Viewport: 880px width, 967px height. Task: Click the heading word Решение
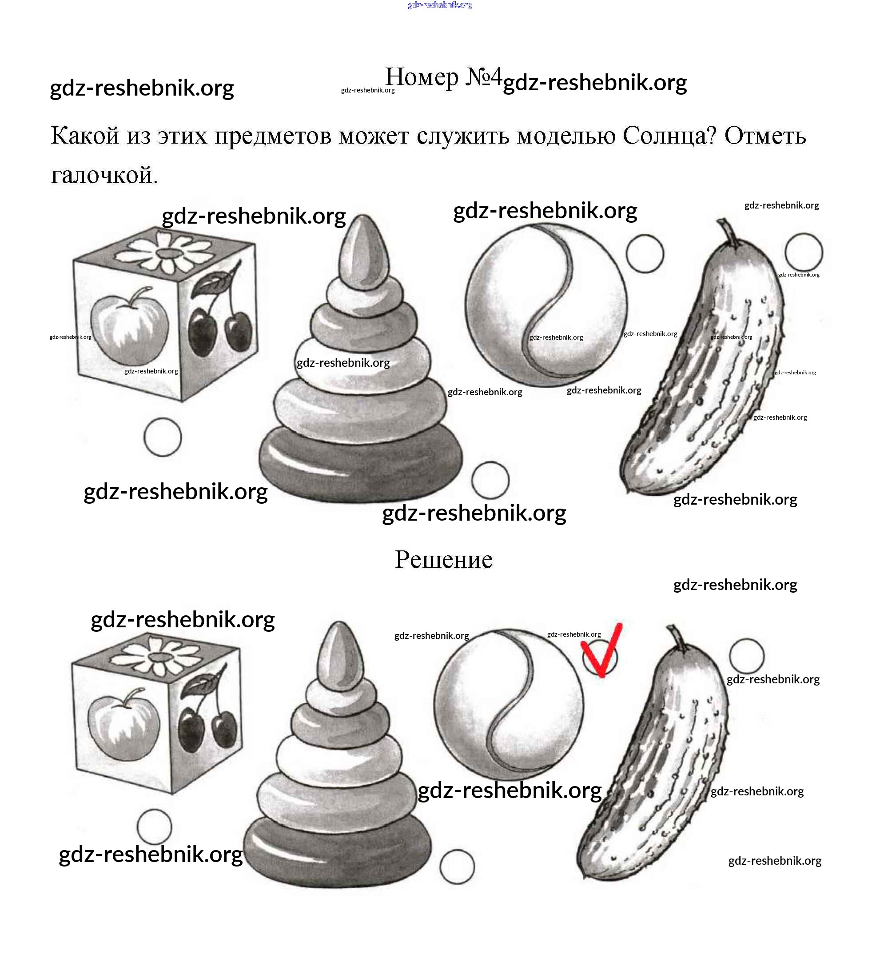coord(443,559)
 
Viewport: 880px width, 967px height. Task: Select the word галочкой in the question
coord(104,175)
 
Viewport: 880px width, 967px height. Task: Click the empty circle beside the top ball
coord(645,254)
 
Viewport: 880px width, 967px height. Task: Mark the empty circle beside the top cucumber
coord(803,252)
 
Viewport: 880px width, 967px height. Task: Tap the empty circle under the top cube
coord(163,437)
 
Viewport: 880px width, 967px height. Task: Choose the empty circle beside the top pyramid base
coord(490,480)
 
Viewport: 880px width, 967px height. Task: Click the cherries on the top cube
coord(220,326)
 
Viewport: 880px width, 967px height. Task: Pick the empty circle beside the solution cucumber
coord(746,656)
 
